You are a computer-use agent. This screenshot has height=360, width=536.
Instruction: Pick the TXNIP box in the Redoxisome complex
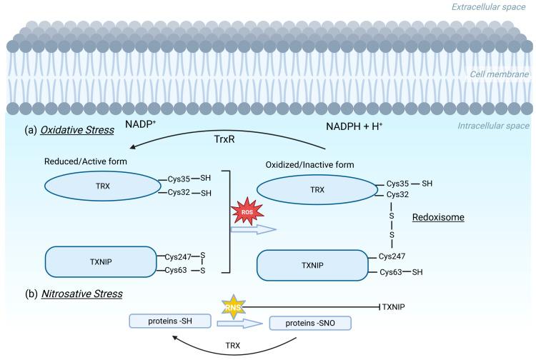coord(313,264)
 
